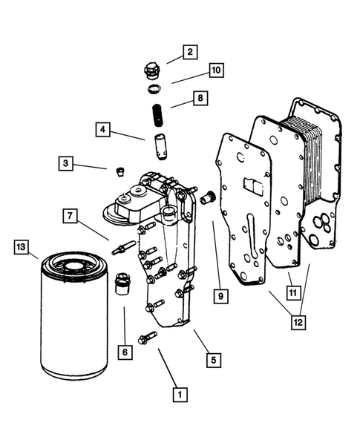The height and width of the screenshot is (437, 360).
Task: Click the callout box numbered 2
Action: coord(190,52)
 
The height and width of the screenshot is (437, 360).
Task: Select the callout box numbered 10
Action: coord(217,70)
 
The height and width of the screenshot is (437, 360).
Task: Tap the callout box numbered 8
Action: coord(200,98)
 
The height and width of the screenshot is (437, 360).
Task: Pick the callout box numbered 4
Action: coord(103,130)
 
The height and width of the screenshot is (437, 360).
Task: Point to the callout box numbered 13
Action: coord(22,247)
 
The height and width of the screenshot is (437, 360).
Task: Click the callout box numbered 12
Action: coord(298,323)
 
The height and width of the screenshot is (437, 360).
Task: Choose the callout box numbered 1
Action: coord(180,395)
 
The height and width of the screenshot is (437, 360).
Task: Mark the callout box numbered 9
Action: coord(221,296)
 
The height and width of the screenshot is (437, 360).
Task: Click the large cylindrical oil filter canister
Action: coord(74,316)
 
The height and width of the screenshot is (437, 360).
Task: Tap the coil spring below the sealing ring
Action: coord(158,116)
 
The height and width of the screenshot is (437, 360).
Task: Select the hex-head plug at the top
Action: coord(151,70)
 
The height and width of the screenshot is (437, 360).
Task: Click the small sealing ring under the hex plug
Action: coord(154,88)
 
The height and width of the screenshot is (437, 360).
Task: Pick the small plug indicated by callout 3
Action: coord(120,171)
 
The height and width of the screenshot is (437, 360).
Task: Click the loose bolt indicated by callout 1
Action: coord(147,338)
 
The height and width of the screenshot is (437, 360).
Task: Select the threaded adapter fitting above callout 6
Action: coord(122,283)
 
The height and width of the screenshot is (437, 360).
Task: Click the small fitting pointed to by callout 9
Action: coord(208,197)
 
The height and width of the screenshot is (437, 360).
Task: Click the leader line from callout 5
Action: coord(201,341)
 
